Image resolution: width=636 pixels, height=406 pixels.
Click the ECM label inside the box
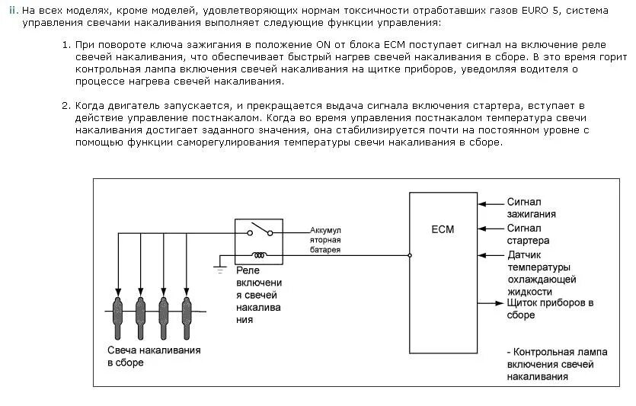click(x=442, y=229)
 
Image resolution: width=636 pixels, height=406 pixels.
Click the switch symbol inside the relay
click(x=260, y=230)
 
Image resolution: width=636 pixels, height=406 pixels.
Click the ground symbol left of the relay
click(x=219, y=269)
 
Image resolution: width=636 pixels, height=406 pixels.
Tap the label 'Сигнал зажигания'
click(x=531, y=208)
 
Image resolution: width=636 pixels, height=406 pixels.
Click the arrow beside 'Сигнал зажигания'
click(x=481, y=203)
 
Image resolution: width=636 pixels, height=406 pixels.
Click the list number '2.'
click(x=66, y=105)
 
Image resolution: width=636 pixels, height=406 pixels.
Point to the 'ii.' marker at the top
click(x=14, y=11)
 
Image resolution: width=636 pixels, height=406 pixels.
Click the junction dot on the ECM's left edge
click(x=410, y=255)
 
